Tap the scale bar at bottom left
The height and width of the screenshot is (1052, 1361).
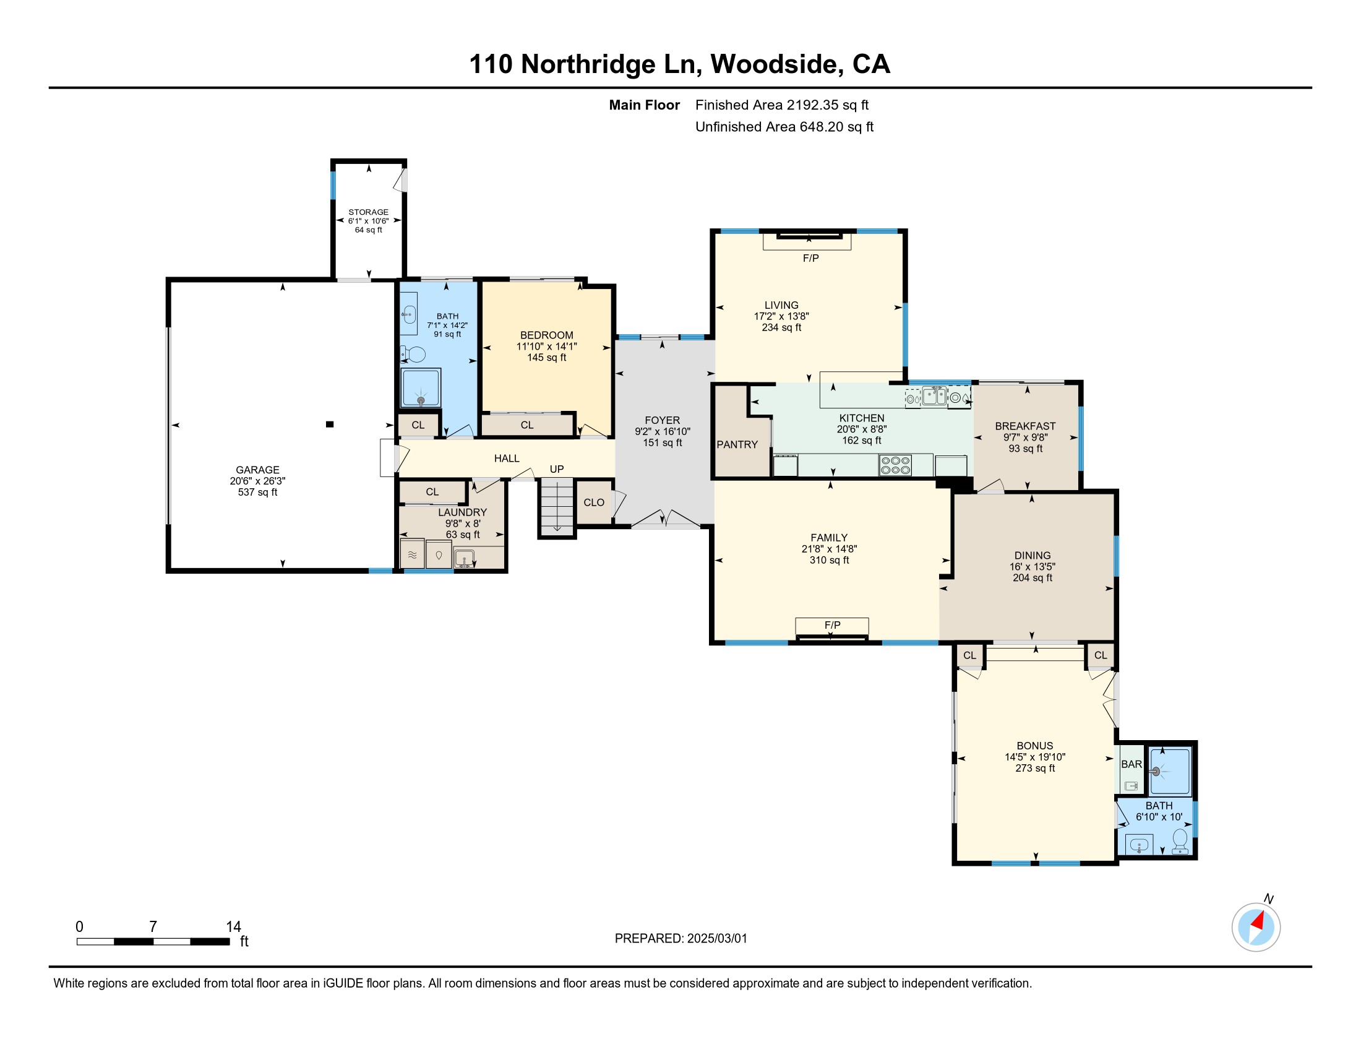153,941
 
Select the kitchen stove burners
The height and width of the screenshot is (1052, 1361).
896,465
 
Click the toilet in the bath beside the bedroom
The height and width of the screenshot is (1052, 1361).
413,354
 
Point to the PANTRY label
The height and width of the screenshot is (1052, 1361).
737,444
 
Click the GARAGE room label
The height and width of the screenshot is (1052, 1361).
257,470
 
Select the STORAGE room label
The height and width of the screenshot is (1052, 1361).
368,212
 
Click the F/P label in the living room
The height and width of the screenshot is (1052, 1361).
811,258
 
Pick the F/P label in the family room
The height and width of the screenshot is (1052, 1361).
833,625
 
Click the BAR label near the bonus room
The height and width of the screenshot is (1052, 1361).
1131,764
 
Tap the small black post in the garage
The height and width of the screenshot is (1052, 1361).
330,425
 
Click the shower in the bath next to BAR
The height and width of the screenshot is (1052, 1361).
1170,772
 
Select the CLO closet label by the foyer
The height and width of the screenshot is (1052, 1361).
594,502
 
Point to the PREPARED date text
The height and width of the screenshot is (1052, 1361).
680,939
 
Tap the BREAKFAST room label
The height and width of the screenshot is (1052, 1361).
1025,426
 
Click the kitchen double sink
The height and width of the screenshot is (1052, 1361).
934,396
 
